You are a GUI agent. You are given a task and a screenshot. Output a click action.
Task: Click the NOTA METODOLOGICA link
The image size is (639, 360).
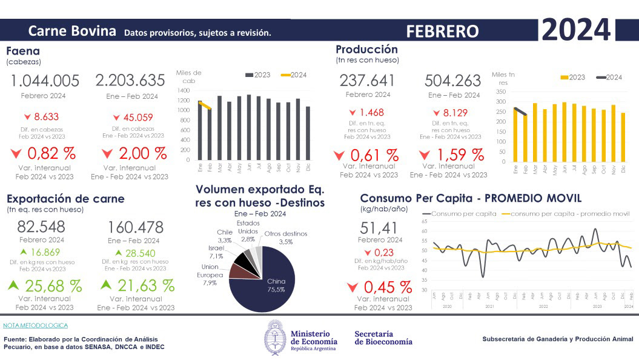(35, 325)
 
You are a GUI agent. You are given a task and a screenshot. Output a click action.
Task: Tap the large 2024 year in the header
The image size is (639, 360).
(576, 30)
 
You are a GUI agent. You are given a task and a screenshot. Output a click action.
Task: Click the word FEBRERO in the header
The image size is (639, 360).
(442, 31)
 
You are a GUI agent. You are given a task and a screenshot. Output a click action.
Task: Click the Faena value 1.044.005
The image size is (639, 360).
(45, 81)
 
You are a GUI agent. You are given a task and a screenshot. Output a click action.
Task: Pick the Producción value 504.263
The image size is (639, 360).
(453, 81)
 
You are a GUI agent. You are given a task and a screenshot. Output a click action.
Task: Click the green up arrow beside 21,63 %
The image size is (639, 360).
(106, 284)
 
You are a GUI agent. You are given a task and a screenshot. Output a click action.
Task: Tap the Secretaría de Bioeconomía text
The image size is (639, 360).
(383, 338)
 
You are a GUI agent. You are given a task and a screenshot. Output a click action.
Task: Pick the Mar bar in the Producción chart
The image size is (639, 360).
(535, 132)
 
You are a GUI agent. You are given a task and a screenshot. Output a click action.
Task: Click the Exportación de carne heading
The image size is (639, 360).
(65, 199)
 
